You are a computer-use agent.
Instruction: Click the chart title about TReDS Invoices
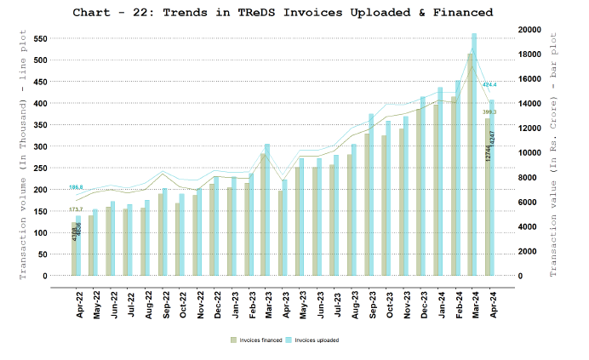pyautogui.click(x=283, y=13)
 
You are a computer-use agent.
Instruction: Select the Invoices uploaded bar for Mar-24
pyautogui.click(x=474, y=153)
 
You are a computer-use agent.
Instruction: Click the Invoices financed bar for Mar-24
pyautogui.click(x=469, y=166)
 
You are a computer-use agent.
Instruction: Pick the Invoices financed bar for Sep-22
pyautogui.click(x=160, y=235)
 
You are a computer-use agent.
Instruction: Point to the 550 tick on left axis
pyautogui.click(x=40, y=39)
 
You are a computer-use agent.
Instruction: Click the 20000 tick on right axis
pyautogui.click(x=529, y=30)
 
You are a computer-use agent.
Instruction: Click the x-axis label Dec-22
pyautogui.click(x=216, y=303)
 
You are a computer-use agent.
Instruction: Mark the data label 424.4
pyautogui.click(x=489, y=85)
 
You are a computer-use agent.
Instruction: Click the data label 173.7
pyautogui.click(x=76, y=209)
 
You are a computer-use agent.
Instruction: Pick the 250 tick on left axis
pyautogui.click(x=40, y=169)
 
